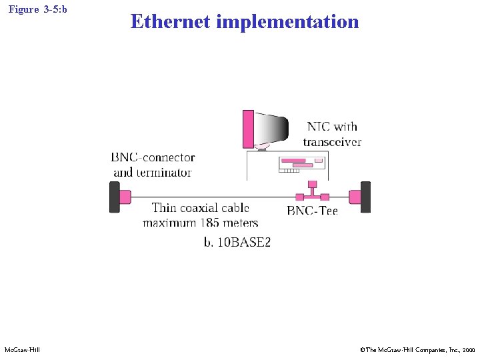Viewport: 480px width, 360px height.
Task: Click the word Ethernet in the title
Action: [170, 21]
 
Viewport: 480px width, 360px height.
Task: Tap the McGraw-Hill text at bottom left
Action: [21, 350]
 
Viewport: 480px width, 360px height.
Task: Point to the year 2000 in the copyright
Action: [468, 350]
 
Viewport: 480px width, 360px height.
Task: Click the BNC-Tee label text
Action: [312, 211]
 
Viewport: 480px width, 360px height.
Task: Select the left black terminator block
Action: [114, 197]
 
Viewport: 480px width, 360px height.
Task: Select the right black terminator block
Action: [365, 197]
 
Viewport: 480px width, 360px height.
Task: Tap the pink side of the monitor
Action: [248, 128]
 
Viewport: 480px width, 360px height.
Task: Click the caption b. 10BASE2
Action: [237, 242]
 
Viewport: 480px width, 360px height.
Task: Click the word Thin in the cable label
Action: [165, 208]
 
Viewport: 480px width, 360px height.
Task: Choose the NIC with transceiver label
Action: [332, 134]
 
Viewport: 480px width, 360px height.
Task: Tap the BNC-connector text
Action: [153, 157]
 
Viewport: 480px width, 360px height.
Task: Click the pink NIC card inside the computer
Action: [294, 161]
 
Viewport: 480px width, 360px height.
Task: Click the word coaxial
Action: [203, 208]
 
